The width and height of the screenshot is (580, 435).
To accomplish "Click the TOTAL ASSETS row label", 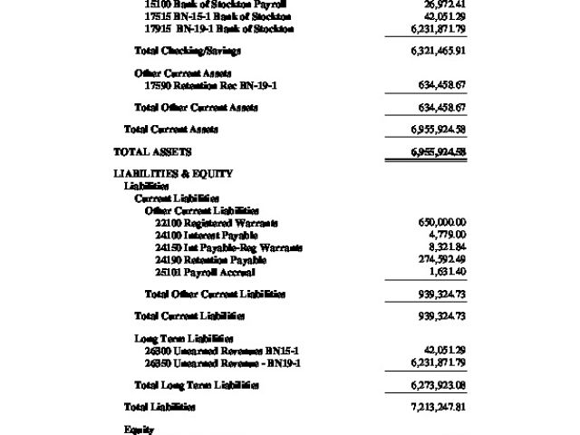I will (x=152, y=152).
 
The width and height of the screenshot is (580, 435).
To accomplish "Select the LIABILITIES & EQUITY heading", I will (x=173, y=173).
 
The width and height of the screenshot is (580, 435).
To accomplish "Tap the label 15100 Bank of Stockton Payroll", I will (x=215, y=5).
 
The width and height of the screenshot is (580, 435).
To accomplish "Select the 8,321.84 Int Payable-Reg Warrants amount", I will (x=443, y=247).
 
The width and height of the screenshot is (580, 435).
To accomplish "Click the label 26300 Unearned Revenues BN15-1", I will (x=222, y=350).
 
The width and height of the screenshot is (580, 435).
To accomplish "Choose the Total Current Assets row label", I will (x=171, y=130).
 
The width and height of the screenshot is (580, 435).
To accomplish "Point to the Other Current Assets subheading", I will (x=183, y=72).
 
